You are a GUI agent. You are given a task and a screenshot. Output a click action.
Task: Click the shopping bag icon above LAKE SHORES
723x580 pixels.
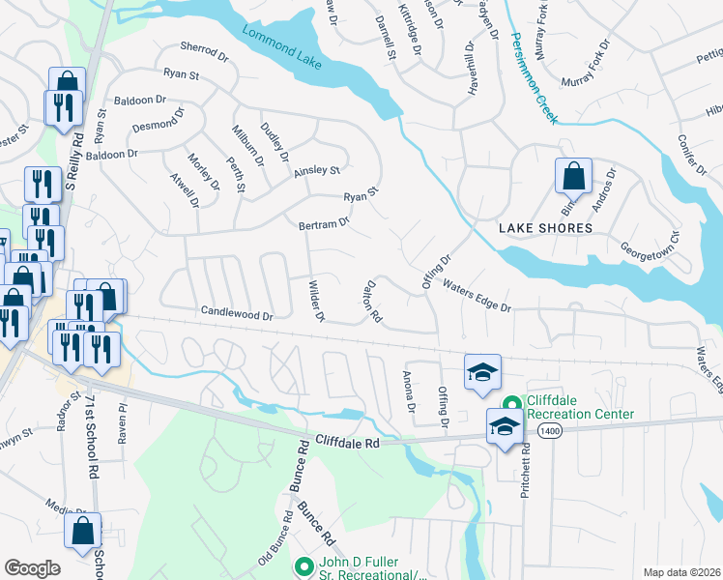[573, 178]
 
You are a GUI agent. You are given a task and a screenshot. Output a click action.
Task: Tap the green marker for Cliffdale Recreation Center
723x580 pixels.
[512, 405]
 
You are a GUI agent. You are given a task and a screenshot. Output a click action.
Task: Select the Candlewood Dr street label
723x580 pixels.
[237, 313]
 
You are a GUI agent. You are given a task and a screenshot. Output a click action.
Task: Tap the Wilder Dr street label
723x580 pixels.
[315, 303]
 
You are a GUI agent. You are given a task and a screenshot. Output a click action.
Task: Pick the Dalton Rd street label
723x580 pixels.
[372, 303]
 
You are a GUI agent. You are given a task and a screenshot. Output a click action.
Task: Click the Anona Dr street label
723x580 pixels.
[409, 393]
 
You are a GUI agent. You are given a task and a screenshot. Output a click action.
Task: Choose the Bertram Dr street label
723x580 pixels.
[323, 224]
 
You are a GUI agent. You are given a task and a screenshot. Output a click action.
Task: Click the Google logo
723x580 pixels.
[32, 568]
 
